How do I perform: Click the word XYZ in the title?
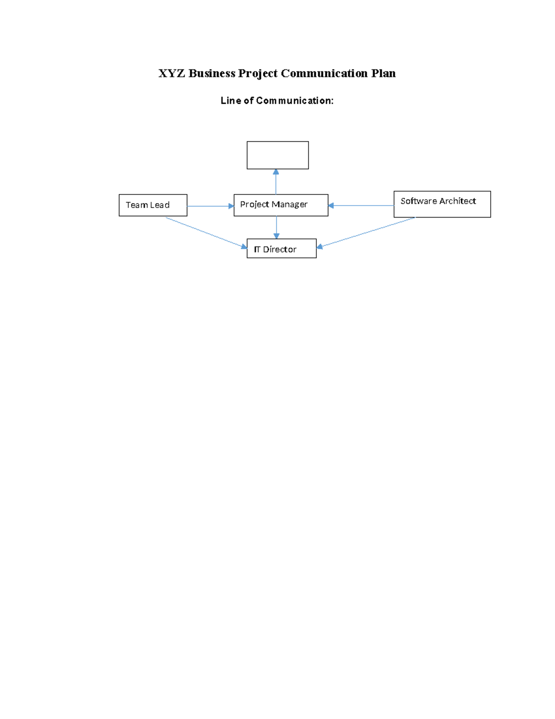(x=172, y=74)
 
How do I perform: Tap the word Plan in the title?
(x=383, y=74)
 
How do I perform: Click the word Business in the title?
(x=211, y=74)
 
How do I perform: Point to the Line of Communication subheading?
(x=277, y=101)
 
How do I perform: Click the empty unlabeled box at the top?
(x=277, y=155)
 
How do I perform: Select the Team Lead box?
(x=153, y=205)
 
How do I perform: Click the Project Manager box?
(x=281, y=205)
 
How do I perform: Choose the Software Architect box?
(x=442, y=204)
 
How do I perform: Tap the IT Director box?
(x=281, y=249)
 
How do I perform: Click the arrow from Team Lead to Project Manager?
(x=210, y=206)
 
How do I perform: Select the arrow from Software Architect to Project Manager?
(x=361, y=206)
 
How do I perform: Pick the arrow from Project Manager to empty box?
(x=276, y=182)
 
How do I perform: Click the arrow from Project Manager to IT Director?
(x=277, y=227)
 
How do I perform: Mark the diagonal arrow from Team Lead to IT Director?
(x=206, y=232)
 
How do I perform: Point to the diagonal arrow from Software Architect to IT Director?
(x=365, y=232)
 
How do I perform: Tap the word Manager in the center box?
(x=290, y=205)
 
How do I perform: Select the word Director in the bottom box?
(x=279, y=250)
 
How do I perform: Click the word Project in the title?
(x=258, y=74)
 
